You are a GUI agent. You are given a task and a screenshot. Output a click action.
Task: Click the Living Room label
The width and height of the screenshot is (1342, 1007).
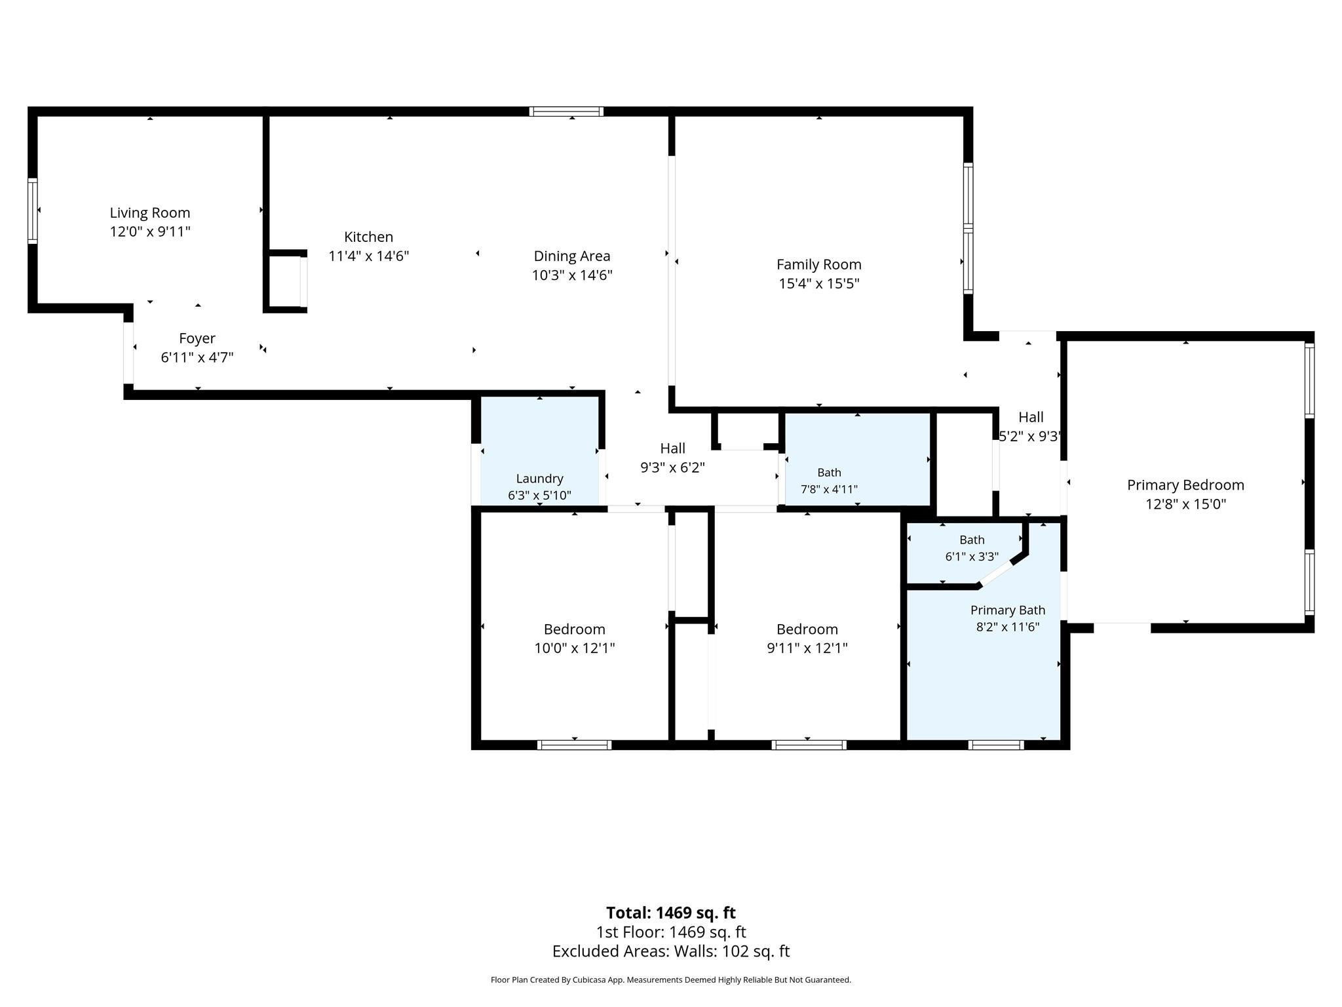click(150, 212)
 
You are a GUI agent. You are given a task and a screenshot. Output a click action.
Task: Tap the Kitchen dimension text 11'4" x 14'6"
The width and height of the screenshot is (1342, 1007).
click(369, 256)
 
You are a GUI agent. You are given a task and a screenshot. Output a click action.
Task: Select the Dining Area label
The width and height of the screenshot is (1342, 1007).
click(572, 256)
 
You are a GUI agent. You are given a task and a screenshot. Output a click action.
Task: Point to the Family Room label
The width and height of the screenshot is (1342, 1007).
click(819, 264)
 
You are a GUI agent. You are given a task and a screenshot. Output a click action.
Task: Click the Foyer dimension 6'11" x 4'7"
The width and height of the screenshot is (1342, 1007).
click(197, 357)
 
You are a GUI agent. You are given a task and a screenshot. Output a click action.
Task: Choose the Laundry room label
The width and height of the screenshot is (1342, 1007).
click(539, 479)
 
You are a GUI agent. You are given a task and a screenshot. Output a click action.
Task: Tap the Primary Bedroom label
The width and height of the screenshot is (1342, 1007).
click(1185, 485)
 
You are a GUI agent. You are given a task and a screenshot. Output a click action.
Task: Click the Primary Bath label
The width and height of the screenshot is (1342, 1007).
click(1008, 610)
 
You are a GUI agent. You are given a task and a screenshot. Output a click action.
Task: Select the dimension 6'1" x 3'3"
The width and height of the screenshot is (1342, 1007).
click(972, 557)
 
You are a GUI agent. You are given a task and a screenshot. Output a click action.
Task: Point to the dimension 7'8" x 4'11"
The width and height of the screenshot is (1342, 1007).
click(829, 489)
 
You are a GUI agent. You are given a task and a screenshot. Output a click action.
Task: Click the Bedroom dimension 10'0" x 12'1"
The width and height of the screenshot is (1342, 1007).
click(575, 648)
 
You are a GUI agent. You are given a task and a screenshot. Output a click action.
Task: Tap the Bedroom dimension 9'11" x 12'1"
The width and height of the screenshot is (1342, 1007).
click(807, 648)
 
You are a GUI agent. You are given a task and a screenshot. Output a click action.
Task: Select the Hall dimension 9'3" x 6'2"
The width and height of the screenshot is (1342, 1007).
click(672, 467)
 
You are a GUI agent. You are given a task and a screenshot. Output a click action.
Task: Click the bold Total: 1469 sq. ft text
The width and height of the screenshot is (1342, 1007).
click(671, 913)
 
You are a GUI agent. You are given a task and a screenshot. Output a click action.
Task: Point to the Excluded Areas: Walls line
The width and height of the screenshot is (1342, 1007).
click(671, 951)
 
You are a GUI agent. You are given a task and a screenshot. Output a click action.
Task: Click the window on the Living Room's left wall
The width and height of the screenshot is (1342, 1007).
click(32, 210)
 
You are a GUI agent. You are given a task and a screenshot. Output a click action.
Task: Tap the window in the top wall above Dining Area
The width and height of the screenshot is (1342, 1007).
click(567, 111)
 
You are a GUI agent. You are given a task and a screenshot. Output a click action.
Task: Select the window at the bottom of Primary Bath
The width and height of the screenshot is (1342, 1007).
click(996, 745)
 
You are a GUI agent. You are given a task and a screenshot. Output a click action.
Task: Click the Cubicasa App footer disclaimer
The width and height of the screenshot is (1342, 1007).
click(671, 980)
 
